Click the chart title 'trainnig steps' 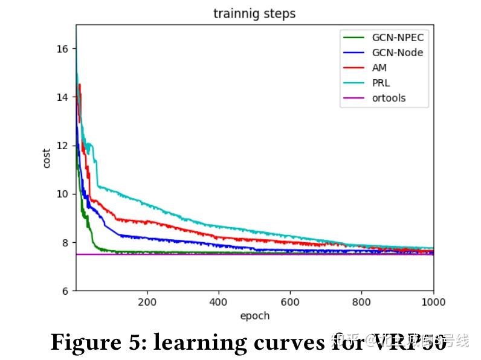pos(254,13)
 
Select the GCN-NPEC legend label pos(398,37)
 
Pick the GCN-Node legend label pos(397,53)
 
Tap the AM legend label pos(379,68)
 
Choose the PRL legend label pos(381,83)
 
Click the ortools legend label pos(389,98)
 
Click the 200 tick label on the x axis pos(147,302)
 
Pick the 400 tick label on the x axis pos(218,302)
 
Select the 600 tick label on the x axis pos(290,302)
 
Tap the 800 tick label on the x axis pos(361,302)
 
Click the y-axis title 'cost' pos(47,158)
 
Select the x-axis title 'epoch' pos(254,315)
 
